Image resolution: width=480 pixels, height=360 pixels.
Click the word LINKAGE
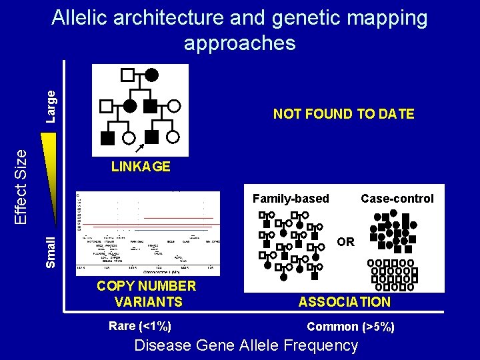[x=141, y=167]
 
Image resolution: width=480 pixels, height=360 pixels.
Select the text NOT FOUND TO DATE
[x=343, y=114]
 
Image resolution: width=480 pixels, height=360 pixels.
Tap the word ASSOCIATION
[x=344, y=302]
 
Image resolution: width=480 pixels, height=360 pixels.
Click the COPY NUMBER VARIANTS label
[x=146, y=294]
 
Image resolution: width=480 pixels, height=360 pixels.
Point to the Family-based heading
[x=291, y=198]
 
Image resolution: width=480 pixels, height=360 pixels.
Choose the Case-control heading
[x=397, y=198]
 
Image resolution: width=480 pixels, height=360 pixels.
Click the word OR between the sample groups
[x=345, y=241]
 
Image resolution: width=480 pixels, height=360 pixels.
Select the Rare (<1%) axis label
[x=139, y=326]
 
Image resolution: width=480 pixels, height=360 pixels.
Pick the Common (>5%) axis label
[x=350, y=327]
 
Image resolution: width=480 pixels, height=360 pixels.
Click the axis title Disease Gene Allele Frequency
[x=246, y=345]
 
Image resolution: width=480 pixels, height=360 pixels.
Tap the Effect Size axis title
[x=21, y=185]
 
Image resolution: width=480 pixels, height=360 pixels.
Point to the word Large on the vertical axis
[x=51, y=107]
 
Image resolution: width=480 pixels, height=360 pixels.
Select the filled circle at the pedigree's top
[x=152, y=73]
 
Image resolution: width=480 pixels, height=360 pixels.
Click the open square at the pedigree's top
[x=129, y=73]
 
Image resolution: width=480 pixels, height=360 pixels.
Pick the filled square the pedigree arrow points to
[x=151, y=137]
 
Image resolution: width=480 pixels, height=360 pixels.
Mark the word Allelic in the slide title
[x=85, y=18]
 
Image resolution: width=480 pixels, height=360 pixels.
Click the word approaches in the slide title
[x=239, y=43]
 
